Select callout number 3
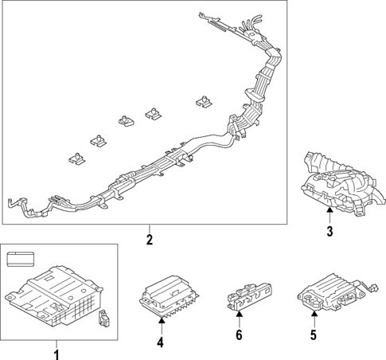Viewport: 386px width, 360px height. (x=328, y=232)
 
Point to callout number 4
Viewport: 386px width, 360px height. (x=161, y=342)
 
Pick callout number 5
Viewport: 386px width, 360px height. (x=313, y=336)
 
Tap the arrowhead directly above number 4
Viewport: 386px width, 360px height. (x=161, y=321)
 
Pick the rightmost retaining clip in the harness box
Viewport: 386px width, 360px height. (x=204, y=102)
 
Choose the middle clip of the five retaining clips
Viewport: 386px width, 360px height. (x=126, y=121)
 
